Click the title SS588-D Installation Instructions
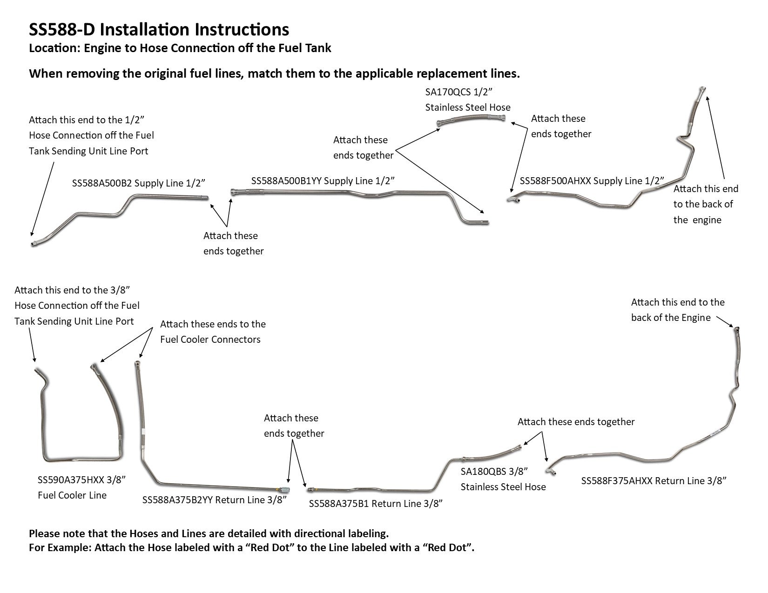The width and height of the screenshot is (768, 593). pos(159,29)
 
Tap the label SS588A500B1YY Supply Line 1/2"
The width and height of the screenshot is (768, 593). pos(323,180)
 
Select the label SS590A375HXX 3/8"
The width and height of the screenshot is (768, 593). pos(81,480)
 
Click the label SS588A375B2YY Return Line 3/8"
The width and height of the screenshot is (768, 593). pos(214,500)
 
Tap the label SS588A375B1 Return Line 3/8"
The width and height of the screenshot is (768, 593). pos(375,503)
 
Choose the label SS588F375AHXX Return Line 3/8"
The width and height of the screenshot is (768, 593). pos(653,481)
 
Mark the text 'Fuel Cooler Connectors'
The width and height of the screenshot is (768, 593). pos(210,340)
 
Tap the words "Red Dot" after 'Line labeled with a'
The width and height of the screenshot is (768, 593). pos(448,547)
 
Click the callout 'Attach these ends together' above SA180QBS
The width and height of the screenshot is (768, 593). pos(576,422)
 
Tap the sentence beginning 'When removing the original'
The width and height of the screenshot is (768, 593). pos(274,73)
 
